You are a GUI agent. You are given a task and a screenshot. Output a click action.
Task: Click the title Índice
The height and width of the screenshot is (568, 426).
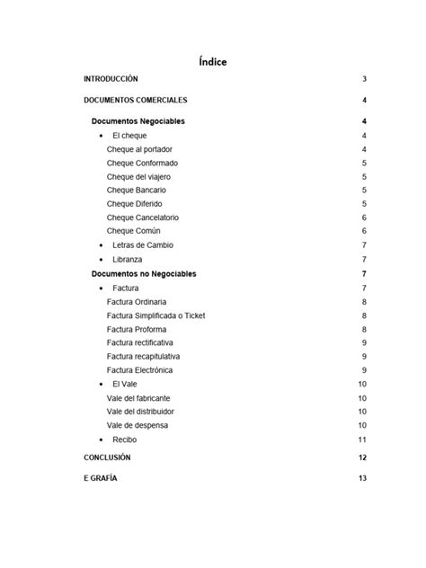213,62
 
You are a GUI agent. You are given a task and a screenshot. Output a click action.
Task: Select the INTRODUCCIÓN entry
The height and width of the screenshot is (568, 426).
111,79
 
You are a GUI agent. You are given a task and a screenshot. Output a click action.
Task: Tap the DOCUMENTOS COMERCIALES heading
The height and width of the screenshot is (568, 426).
136,100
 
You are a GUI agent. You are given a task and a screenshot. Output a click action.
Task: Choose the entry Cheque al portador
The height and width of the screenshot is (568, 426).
139,149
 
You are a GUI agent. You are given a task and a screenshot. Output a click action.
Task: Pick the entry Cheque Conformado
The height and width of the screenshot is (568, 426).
142,163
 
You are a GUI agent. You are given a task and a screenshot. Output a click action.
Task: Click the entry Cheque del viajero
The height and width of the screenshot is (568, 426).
138,177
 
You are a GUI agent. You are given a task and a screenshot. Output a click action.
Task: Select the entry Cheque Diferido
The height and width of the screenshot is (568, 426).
135,204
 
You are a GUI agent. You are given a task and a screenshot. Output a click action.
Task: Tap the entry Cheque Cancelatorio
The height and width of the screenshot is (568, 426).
142,217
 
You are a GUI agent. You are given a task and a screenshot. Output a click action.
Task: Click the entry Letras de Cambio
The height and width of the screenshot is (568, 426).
143,245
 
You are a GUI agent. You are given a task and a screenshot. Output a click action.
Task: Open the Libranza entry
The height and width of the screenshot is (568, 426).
127,260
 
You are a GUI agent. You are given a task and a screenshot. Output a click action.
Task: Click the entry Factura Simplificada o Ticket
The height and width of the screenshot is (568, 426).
155,315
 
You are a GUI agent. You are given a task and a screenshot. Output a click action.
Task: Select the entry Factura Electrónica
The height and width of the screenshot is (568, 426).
139,370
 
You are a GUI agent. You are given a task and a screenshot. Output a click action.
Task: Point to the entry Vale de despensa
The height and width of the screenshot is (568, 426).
137,425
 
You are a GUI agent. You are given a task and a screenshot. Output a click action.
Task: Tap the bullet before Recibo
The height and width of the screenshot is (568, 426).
100,439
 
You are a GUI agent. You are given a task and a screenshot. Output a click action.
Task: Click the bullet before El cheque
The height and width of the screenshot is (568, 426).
100,136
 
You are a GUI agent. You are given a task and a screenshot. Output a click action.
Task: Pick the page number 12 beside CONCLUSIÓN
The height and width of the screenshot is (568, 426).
362,457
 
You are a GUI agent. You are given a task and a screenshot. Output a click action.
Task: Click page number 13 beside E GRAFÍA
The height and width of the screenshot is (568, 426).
362,478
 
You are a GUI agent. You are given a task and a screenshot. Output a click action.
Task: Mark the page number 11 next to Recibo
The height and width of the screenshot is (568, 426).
362,439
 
